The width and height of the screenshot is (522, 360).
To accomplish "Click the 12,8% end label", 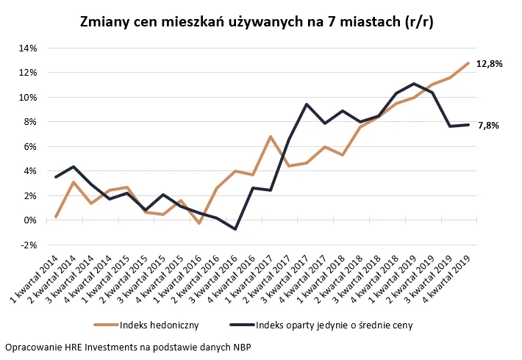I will coord(489,64).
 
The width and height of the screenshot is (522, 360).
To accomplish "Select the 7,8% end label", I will coord(488,126).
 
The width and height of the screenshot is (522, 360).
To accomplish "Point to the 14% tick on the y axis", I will coord(27,48).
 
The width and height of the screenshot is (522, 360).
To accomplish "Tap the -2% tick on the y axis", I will coord(27,245).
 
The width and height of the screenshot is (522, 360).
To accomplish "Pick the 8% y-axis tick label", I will coord(29,122).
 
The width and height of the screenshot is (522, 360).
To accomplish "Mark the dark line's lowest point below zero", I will coord(235,229).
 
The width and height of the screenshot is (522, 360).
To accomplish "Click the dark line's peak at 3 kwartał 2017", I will coord(307,104).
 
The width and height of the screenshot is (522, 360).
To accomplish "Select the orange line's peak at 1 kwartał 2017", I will coord(271,137).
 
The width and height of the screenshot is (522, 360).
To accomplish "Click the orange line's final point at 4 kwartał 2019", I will coord(468,63).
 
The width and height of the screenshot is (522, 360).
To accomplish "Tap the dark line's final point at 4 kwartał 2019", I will coord(468,125).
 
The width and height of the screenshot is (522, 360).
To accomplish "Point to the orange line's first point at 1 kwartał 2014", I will coord(56,217).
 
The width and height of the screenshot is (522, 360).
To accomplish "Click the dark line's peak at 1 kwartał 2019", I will coord(414,84).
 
